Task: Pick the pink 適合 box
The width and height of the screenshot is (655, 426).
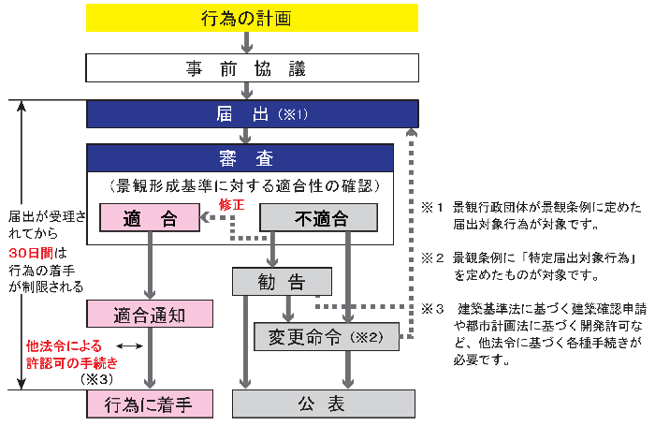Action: pyautogui.click(x=150, y=218)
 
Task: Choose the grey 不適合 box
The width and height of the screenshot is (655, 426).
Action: pyautogui.click(x=318, y=218)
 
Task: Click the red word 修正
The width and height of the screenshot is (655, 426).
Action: pyautogui.click(x=230, y=203)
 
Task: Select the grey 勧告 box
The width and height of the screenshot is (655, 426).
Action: pyautogui.click(x=282, y=281)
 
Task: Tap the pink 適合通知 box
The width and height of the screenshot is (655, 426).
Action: pyautogui.click(x=150, y=315)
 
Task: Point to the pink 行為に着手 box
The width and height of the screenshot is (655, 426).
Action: pyautogui.click(x=150, y=404)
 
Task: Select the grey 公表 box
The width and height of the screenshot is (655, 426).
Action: pyautogui.click(x=324, y=404)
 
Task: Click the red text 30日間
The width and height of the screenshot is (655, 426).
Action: pyautogui.click(x=32, y=254)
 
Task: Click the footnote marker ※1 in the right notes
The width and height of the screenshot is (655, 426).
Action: pyautogui.click(x=432, y=207)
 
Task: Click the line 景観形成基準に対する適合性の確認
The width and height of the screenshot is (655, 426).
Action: pyautogui.click(x=245, y=185)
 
